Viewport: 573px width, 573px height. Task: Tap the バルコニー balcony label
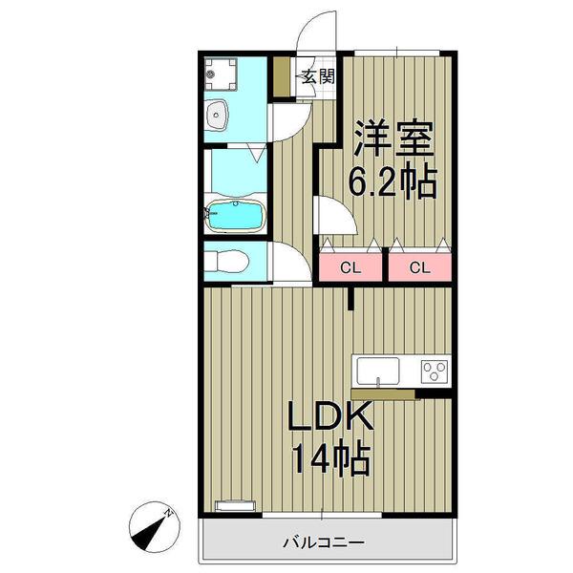coord(323,543)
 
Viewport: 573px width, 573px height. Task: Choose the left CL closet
coord(350,266)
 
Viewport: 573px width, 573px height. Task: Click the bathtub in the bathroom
coord(234,216)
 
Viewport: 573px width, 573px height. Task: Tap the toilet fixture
coord(227,261)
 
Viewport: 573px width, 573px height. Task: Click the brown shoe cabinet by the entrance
coord(282,77)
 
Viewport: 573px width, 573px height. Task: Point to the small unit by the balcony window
coord(235,505)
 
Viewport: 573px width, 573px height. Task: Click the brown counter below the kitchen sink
coord(387,393)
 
